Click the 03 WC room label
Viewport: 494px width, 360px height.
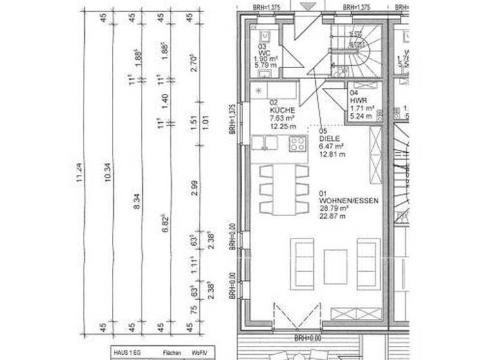263,51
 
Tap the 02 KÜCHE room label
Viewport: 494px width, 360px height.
280,107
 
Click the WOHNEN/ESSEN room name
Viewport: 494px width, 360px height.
347,201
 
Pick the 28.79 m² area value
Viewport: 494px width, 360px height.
334,209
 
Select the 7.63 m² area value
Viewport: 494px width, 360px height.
282,118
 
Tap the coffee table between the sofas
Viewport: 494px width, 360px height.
335,265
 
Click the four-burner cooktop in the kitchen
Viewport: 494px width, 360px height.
298,143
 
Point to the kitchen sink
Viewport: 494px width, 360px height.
264,143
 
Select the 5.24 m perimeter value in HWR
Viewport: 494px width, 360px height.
358,116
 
